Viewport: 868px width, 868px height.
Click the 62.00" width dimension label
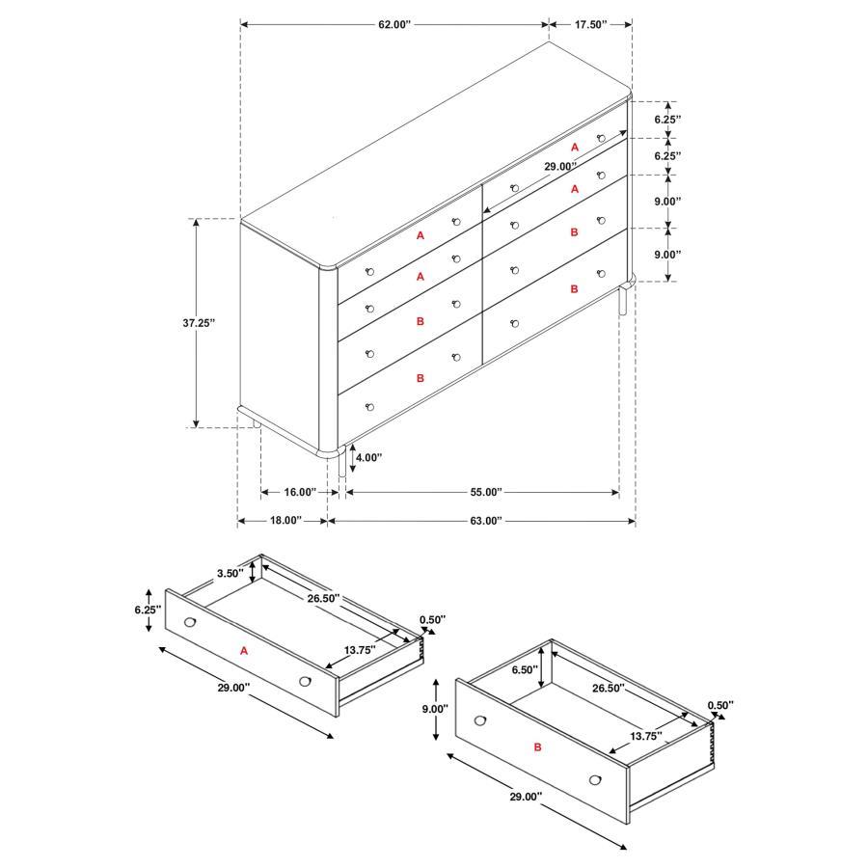point(393,23)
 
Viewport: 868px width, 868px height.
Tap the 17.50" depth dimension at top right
point(590,23)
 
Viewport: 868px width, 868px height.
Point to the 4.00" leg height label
point(369,458)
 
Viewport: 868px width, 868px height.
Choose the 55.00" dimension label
point(485,492)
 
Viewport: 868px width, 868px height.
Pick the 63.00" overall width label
point(485,521)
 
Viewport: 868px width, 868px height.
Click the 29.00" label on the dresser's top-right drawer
point(561,166)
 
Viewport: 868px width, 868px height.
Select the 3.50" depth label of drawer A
point(230,573)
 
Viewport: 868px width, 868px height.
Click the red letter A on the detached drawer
point(244,651)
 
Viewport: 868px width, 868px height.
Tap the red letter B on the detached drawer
point(537,747)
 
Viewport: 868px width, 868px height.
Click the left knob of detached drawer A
point(189,621)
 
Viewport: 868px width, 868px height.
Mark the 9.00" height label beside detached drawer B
point(436,709)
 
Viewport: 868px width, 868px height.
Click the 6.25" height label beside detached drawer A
point(146,610)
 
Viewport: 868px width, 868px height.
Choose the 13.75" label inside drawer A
point(360,650)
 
